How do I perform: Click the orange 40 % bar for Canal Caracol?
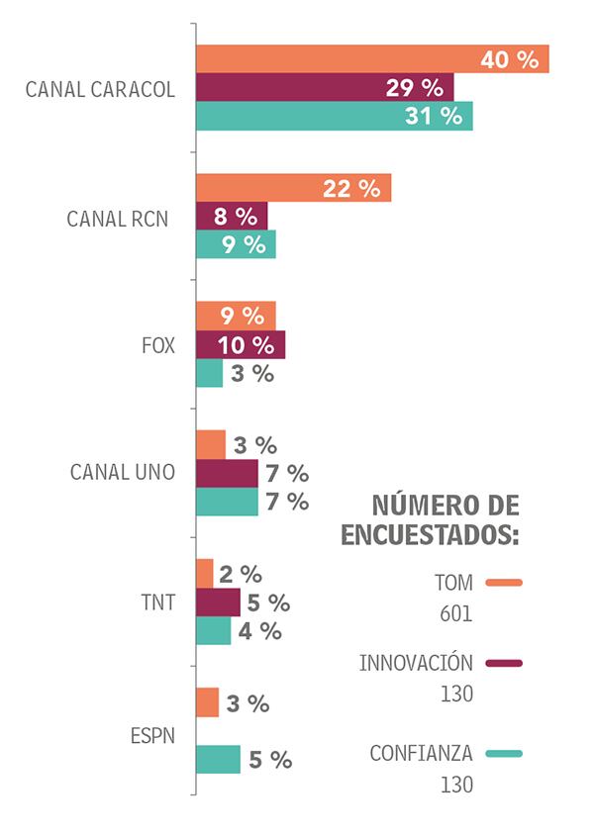point(371,59)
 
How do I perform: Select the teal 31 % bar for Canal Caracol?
point(334,116)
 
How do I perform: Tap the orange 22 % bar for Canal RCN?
point(293,188)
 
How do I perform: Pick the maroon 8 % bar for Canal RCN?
point(232,217)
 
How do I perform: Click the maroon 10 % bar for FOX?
point(240,345)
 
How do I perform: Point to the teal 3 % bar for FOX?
point(209,373)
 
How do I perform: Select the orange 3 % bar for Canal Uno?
point(210,445)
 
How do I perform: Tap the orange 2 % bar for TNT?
point(204,574)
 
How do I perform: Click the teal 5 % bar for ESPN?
point(218,760)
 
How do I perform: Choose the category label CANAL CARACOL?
point(101,89)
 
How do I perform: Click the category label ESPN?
point(152,736)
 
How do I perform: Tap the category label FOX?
point(158,345)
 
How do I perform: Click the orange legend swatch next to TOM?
point(504,583)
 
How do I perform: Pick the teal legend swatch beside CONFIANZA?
point(504,754)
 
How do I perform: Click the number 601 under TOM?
point(456,614)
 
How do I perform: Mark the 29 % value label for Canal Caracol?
point(414,88)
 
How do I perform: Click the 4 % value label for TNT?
point(259,631)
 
